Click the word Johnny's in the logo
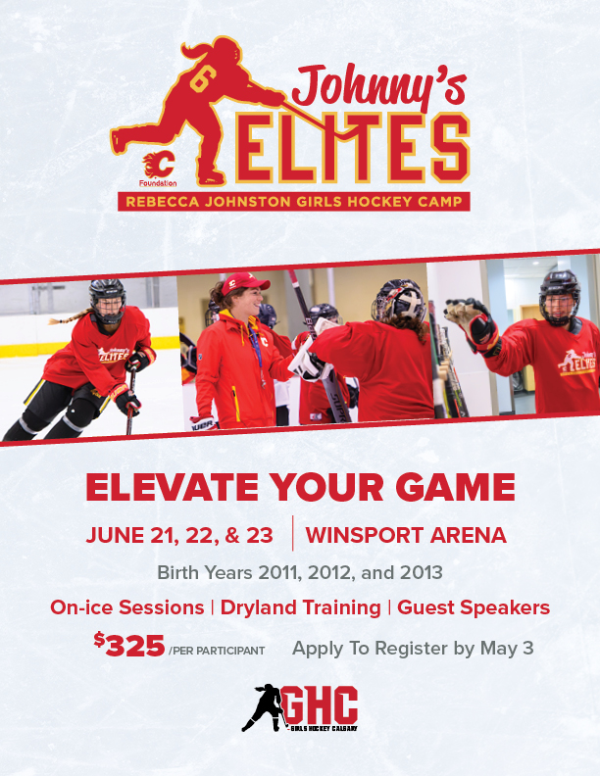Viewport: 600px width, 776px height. pyautogui.click(x=369, y=89)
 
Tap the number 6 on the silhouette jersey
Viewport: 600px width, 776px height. pyautogui.click(x=203, y=81)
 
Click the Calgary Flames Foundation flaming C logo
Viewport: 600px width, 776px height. pyautogui.click(x=156, y=165)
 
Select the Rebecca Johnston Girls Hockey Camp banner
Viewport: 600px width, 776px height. pyautogui.click(x=292, y=202)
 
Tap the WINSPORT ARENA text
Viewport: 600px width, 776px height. pyautogui.click(x=406, y=535)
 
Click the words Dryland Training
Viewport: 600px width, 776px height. pyautogui.click(x=300, y=607)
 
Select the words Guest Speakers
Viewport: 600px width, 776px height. pyautogui.click(x=474, y=607)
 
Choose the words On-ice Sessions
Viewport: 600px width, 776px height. pyautogui.click(x=125, y=607)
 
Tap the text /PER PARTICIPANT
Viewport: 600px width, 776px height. pyautogui.click(x=216, y=651)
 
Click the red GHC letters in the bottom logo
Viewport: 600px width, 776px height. pyautogui.click(x=320, y=703)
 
